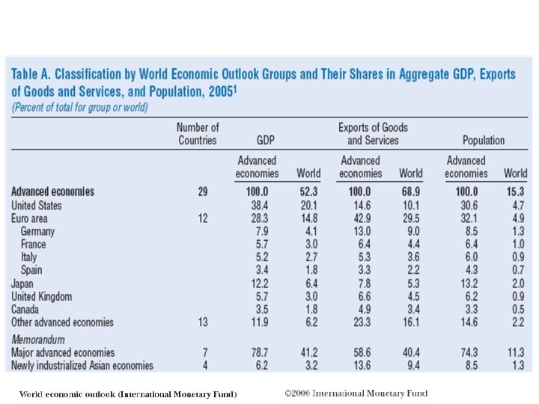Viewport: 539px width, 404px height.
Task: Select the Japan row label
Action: click(23, 284)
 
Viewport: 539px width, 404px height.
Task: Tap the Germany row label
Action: click(37, 231)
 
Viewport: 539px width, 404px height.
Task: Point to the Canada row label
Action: click(26, 310)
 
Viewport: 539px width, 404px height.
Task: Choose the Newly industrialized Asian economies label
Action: click(82, 366)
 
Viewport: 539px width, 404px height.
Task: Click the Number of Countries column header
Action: click(198, 134)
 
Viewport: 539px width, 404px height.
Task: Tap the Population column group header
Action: click(484, 140)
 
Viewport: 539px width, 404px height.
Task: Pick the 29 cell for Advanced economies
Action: click(203, 192)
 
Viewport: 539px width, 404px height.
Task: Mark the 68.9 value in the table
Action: click(411, 192)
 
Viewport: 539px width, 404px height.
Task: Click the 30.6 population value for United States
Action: click(466, 205)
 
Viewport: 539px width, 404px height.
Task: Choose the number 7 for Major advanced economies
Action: click(204, 352)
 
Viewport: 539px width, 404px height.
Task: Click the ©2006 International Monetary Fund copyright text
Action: click(356, 393)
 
